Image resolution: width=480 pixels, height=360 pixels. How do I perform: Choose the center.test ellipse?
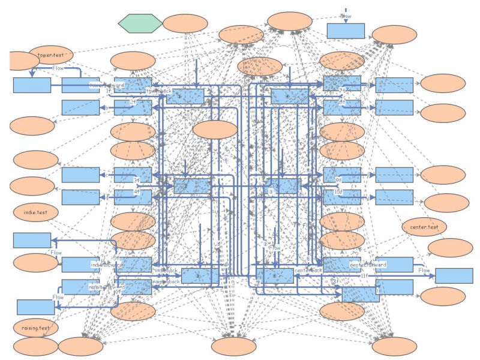pyautogui.click(x=424, y=227)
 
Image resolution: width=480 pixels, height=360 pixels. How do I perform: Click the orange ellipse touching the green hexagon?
pyautogui.click(x=185, y=23)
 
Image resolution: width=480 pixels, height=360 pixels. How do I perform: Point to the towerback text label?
pyautogui.click(x=159, y=91)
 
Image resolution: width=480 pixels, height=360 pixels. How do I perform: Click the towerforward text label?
pyautogui.click(x=107, y=85)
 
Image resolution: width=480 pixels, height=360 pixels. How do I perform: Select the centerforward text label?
pyautogui.click(x=368, y=265)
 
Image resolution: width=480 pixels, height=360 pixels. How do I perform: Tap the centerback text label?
pyautogui.click(x=308, y=271)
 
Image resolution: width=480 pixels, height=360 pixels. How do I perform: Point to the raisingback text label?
pyautogui.click(x=166, y=281)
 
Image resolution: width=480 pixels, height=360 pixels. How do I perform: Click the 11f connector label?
pyautogui.click(x=364, y=275)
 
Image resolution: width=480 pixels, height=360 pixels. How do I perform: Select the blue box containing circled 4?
pyautogui.click(x=290, y=95)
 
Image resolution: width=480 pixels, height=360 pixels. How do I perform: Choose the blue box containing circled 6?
pyautogui.click(x=275, y=276)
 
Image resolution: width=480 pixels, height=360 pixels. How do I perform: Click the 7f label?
pyautogui.click(x=342, y=90)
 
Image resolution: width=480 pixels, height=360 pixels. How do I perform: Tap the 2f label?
pyautogui.click(x=133, y=103)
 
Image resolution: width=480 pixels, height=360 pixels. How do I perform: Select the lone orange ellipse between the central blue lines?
pyautogui.click(x=215, y=130)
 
